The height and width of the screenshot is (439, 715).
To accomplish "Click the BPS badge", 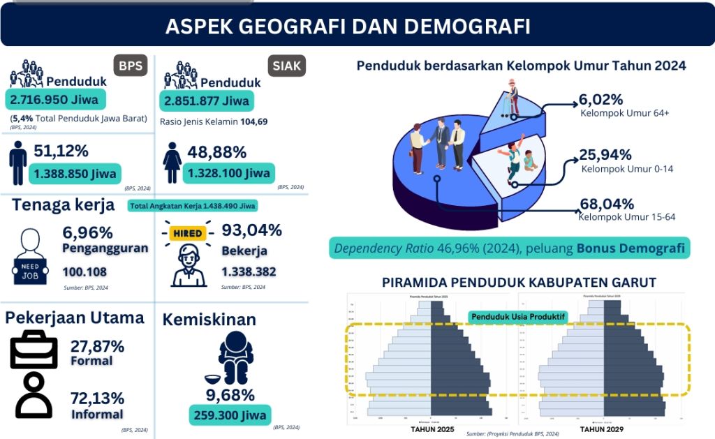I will (130, 66).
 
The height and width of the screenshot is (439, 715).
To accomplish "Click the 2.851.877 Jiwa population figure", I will (207, 101).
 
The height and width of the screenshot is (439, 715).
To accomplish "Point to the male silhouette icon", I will (18, 162).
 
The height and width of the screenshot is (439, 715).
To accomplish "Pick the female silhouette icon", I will (172, 163).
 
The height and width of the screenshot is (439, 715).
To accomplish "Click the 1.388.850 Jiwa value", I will (73, 172).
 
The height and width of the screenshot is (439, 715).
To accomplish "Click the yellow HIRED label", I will (187, 233).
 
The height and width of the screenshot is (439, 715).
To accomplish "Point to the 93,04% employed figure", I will (251, 230).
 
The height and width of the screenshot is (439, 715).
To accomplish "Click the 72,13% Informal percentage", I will (97, 399).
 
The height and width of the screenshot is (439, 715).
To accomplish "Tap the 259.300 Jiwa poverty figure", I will (228, 415).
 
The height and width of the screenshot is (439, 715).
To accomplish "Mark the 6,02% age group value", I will (602, 99).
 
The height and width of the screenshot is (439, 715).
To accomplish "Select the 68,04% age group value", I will (606, 204).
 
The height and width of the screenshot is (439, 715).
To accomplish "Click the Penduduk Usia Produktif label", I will (517, 316).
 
